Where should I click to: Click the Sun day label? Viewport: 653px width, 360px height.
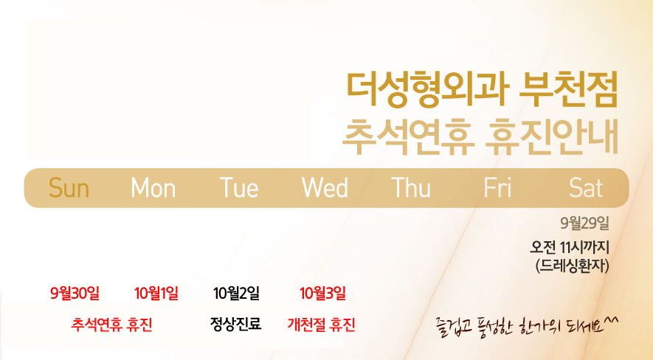coord(69,188)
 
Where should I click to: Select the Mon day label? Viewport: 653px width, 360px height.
coord(153,188)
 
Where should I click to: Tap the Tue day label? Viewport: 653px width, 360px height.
coord(239,188)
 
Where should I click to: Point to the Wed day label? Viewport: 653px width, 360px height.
coord(325,188)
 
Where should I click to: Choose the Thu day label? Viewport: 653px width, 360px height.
coord(411,188)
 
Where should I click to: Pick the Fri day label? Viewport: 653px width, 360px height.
coord(497,188)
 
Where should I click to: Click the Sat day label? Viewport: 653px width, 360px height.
coord(586,188)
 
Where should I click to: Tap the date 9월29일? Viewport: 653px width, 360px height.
coord(584,224)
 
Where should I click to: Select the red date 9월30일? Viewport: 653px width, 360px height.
coord(75,294)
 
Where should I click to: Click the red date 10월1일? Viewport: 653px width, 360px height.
coord(156,294)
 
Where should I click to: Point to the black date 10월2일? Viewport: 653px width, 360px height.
coord(237,294)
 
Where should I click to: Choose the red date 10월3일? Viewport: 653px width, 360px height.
coord(322,294)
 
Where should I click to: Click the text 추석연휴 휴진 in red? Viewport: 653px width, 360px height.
coord(111,325)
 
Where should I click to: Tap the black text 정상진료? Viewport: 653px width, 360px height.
coord(235,324)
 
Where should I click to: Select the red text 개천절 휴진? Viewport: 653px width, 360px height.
coord(322,325)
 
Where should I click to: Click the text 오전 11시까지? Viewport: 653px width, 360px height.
coord(570,248)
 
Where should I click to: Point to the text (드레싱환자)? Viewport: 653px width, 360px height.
coord(573,266)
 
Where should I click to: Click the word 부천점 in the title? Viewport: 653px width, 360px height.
coord(568,90)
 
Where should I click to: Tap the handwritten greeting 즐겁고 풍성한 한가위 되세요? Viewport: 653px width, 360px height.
coord(527,326)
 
